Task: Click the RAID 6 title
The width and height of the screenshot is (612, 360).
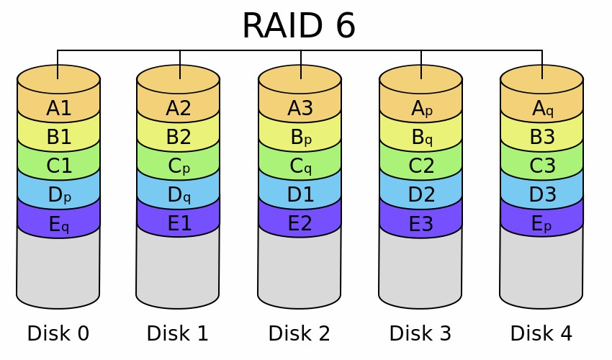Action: [298, 26]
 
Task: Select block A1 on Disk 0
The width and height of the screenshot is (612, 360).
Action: [58, 109]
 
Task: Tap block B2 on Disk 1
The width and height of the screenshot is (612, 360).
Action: [178, 137]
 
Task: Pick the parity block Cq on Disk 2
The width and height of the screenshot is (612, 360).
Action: [300, 166]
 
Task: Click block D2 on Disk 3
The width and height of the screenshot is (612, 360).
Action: [420, 194]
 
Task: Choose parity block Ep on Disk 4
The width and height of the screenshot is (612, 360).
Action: [541, 224]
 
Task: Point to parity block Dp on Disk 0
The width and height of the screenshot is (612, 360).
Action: [58, 195]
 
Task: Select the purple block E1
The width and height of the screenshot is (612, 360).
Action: [179, 224]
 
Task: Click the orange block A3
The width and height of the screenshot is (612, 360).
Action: [300, 108]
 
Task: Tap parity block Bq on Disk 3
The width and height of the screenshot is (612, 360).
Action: [421, 137]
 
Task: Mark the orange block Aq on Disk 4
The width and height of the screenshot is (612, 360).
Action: [542, 108]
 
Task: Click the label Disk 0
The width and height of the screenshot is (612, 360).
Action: [58, 333]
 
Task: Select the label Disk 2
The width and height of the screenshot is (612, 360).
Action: [299, 333]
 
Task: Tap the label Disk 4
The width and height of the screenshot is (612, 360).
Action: [541, 333]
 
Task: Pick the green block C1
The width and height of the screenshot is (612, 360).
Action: [58, 166]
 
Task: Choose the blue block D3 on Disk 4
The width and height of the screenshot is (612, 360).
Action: [541, 194]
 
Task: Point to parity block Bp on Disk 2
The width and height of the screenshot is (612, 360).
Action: [300, 137]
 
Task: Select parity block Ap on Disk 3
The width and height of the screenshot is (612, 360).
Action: [421, 108]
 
